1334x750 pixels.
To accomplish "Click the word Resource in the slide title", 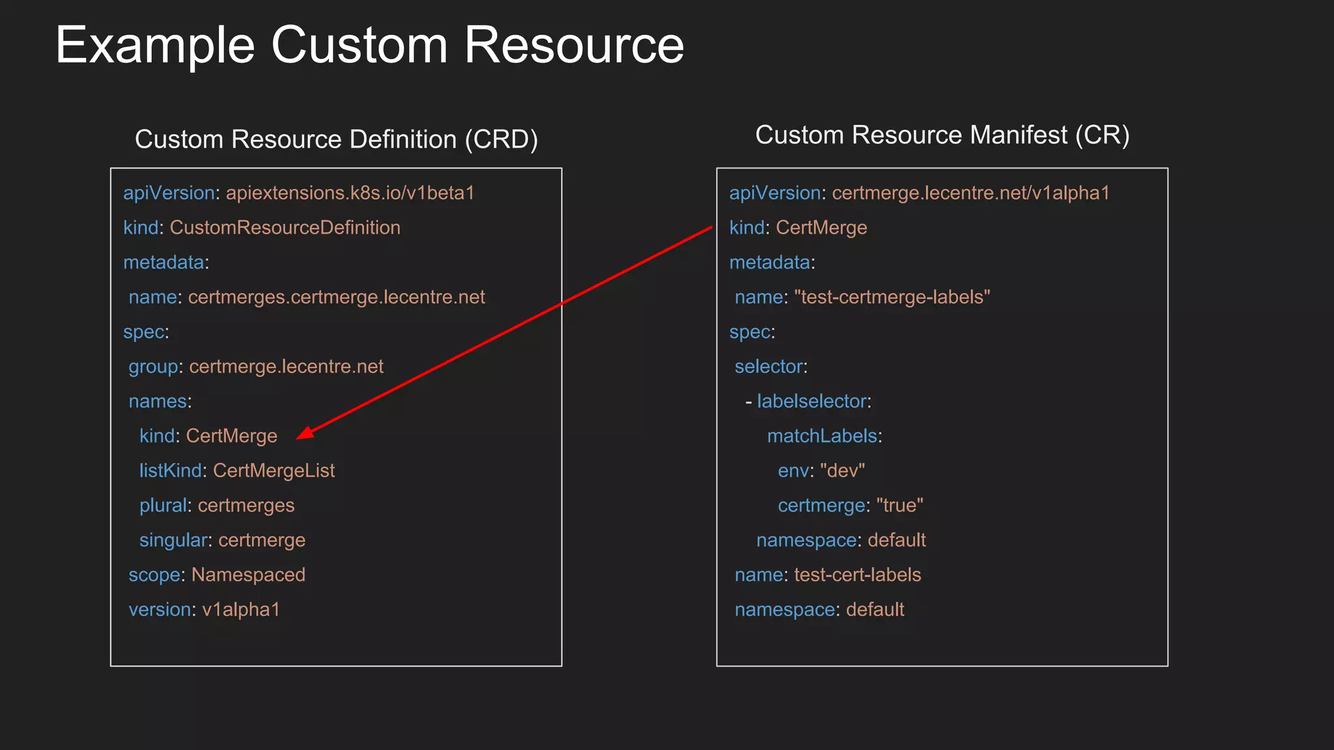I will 573,46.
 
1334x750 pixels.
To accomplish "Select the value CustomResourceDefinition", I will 285,228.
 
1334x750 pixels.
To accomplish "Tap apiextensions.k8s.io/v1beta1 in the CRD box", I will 350,193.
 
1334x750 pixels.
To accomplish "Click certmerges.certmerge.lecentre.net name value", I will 336,298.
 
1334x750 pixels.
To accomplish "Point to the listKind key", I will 170,471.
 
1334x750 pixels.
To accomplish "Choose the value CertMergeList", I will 274,471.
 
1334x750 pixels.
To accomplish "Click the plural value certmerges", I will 246,506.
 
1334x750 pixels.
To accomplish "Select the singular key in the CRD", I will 173,540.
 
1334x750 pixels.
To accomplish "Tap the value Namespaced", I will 248,575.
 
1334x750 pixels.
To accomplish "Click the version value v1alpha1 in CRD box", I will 241,610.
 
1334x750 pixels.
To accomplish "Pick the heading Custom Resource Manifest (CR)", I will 942,135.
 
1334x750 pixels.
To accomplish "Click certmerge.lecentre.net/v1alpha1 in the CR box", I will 971,193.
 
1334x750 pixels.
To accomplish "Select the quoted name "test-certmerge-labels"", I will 892,298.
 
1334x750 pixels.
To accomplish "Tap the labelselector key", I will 812,402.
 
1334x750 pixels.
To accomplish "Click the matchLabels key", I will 822,436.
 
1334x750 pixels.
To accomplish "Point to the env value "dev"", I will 842,471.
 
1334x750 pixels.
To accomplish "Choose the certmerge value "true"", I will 900,506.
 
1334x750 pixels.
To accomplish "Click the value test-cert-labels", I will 857,575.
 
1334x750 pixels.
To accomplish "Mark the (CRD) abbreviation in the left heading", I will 501,140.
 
